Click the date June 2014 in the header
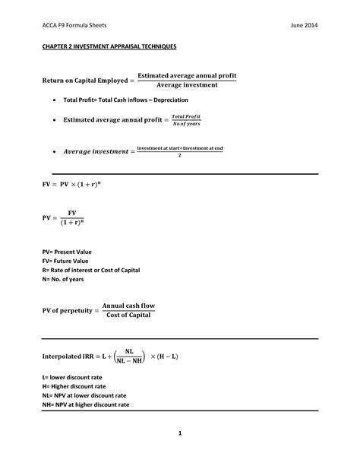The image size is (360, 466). pos(304,24)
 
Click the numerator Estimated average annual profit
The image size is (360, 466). pos(186,74)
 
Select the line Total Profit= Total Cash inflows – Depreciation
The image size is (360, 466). pos(125,100)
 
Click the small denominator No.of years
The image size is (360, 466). pos(185,124)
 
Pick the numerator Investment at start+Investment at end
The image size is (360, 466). pos(179,149)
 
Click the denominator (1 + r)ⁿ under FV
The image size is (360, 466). pos(72,223)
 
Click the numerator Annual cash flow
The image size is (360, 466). pos(128,306)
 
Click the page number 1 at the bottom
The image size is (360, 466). pos(180,434)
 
